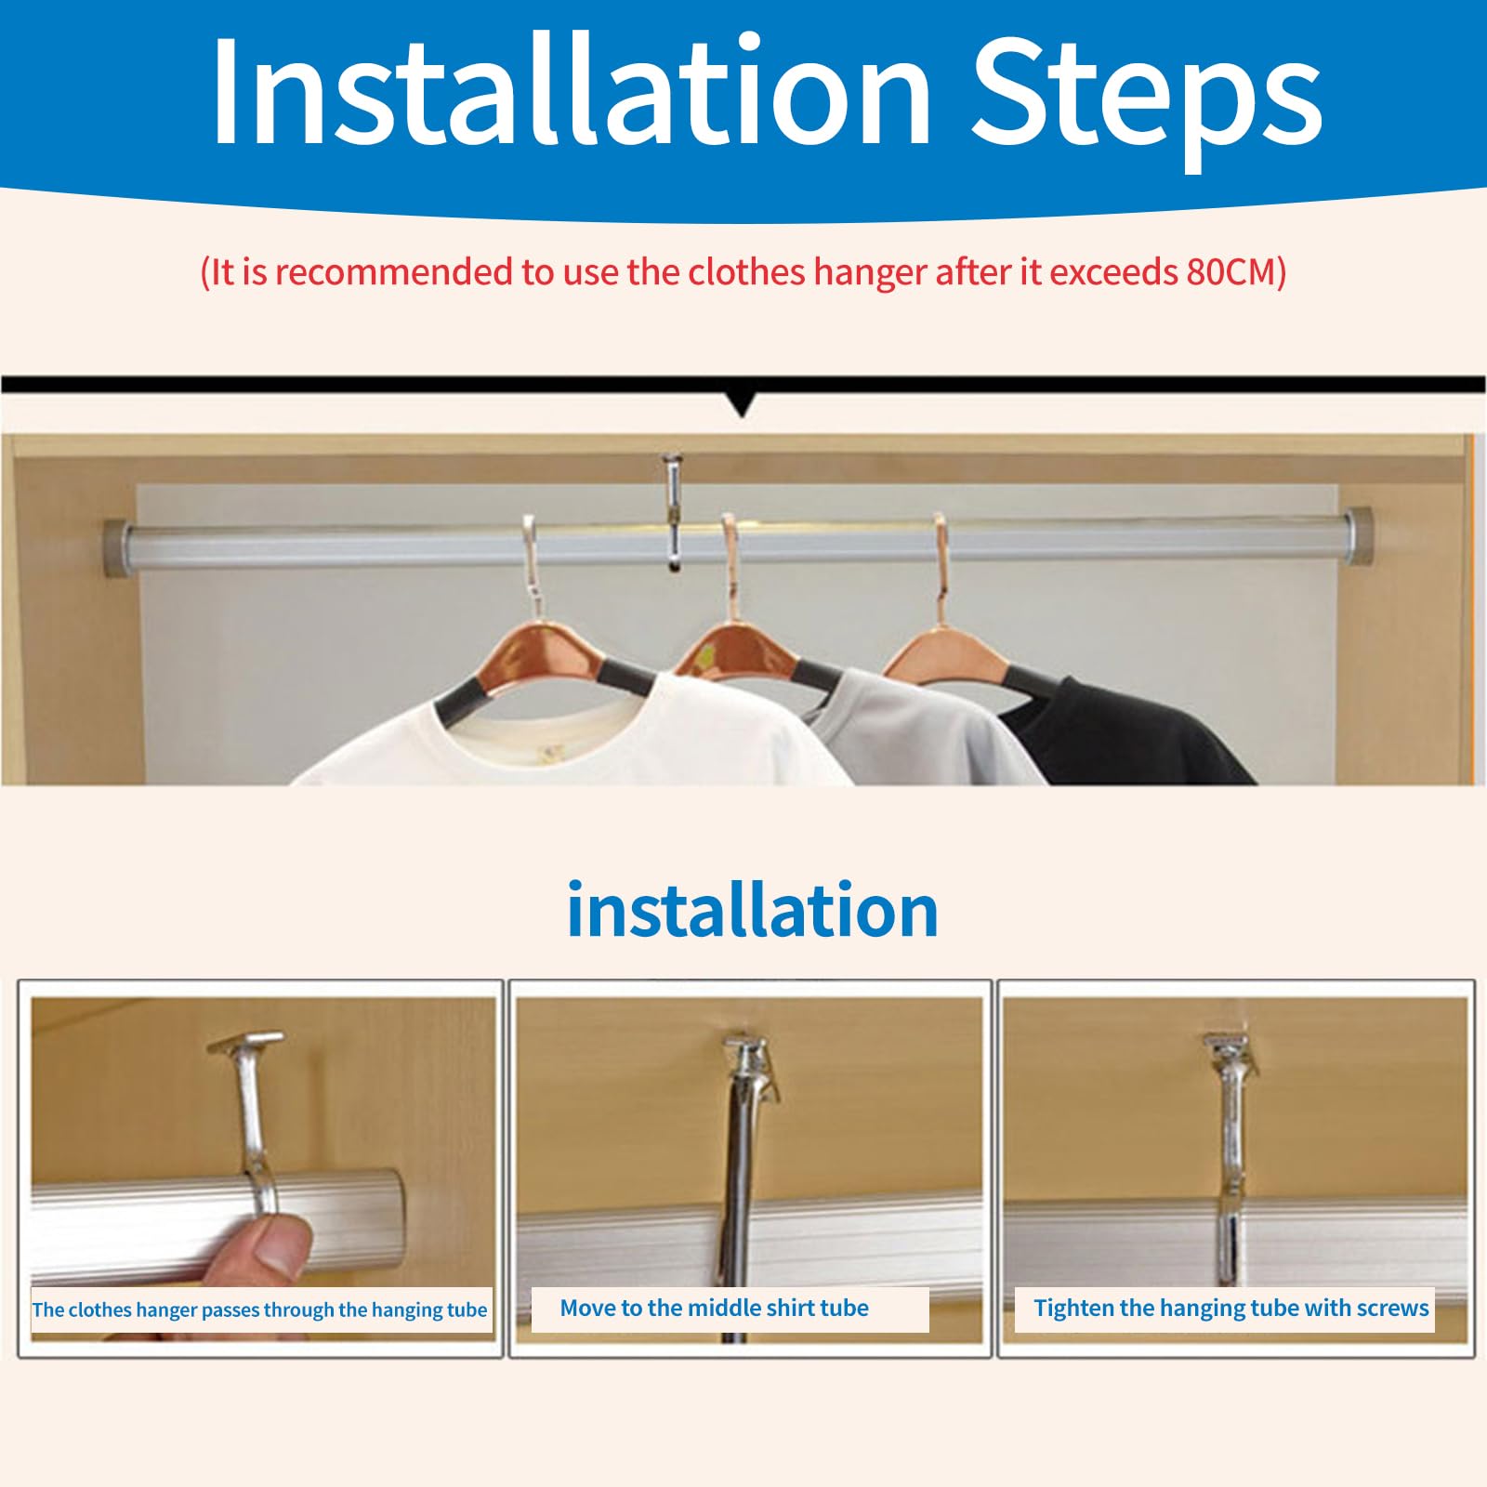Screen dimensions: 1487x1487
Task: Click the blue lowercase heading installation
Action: [752, 910]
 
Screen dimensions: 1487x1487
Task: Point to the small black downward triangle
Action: [742, 405]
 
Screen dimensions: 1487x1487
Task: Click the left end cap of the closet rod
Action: [119, 549]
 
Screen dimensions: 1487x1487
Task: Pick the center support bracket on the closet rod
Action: [673, 510]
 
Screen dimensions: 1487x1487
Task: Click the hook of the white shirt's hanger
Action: [532, 558]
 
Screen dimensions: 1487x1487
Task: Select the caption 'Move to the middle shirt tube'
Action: [714, 1309]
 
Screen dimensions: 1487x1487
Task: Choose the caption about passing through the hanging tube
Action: [259, 1310]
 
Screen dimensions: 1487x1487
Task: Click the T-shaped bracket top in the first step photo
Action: [246, 1042]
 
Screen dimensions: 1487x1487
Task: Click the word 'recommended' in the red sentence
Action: [397, 272]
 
